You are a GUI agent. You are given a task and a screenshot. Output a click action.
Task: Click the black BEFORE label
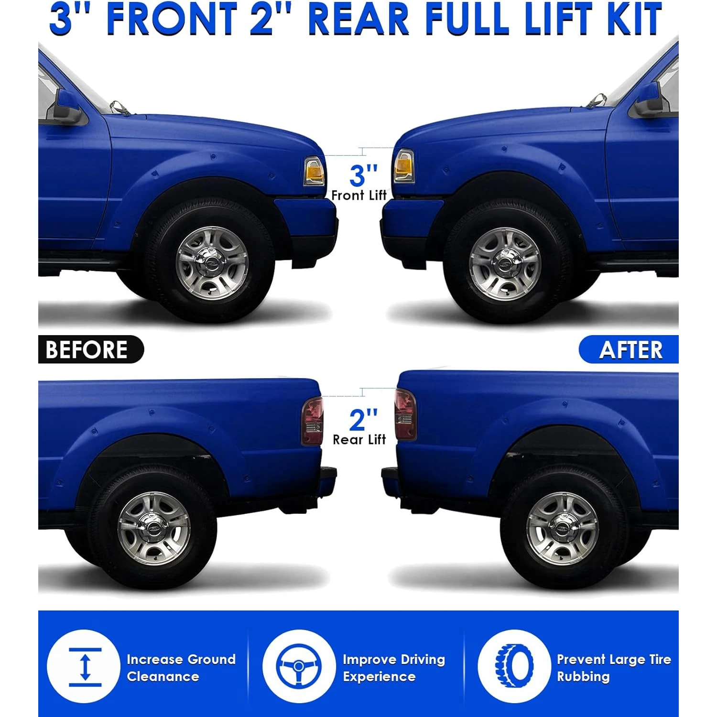coord(91,349)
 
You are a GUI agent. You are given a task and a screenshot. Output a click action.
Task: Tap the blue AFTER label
coord(629,349)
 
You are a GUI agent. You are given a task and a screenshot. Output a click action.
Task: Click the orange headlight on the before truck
coord(314,171)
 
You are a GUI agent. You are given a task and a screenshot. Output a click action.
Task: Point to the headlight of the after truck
coord(403,166)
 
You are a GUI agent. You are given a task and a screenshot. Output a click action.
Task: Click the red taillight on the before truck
coord(312,421)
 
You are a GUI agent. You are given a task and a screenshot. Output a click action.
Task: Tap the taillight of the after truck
coord(405,414)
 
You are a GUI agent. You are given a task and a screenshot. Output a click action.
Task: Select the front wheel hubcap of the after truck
coord(505,265)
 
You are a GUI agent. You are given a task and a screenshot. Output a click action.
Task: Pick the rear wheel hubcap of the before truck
coord(154,529)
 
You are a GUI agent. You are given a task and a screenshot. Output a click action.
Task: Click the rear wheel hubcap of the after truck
coord(563,529)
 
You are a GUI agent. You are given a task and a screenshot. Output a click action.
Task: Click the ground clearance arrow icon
coord(85,667)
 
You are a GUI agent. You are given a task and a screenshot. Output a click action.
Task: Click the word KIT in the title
coord(634,19)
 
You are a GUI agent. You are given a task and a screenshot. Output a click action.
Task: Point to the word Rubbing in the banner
coord(583,677)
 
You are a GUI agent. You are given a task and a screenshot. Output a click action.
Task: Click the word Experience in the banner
coord(379,677)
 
